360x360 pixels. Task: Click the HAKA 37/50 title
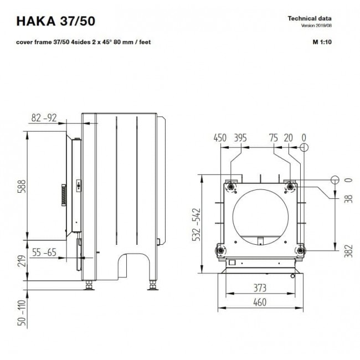point(55,21)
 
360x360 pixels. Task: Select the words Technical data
point(310,18)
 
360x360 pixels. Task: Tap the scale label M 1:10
point(322,42)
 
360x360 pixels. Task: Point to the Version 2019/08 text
point(316,25)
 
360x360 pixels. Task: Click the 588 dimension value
point(22,186)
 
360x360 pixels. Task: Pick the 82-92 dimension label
point(44,118)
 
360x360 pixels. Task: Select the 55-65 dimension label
point(44,252)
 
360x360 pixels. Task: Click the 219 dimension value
point(22,261)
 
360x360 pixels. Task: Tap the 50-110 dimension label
point(22,313)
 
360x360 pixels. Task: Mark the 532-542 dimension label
point(196,224)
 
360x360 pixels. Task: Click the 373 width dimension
point(260,288)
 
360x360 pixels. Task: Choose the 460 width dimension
point(260,302)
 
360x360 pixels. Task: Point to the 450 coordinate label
point(220,138)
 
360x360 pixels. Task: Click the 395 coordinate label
point(240,138)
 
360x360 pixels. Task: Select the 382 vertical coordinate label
point(348,251)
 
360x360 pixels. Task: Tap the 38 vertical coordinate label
point(348,199)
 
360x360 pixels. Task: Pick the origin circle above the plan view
point(304,147)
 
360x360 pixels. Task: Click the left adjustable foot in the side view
point(89,285)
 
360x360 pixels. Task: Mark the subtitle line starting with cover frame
point(83,42)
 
